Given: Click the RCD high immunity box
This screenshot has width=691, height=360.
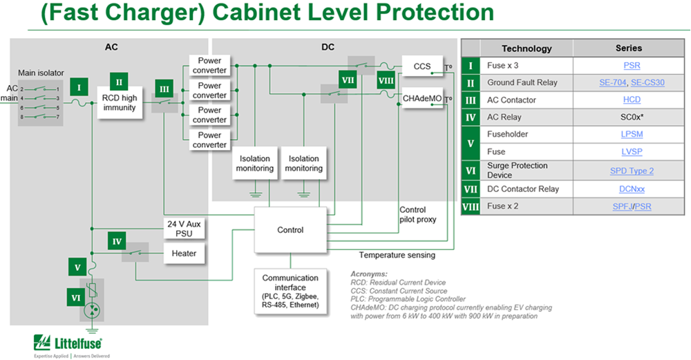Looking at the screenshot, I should tap(120, 103).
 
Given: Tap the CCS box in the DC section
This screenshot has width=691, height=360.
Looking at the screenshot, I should tap(422, 67).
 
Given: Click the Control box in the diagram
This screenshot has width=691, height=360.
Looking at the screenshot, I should tap(290, 229).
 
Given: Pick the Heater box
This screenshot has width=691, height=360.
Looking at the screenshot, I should tap(184, 254).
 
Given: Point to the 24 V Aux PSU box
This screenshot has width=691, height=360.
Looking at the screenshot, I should tap(184, 229).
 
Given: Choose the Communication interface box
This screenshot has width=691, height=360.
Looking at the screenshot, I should tap(290, 292).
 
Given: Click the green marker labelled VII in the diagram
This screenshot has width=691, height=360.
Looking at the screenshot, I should tap(348, 80).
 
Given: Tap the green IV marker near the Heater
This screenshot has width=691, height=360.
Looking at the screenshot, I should tap(117, 242).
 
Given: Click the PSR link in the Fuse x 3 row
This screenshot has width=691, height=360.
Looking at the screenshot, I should tap(632, 66).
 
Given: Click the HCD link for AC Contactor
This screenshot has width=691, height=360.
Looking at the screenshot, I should tap(632, 100).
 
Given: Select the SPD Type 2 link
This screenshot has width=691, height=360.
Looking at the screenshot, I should tap(632, 170).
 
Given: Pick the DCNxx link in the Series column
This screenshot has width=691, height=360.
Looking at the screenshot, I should tap(632, 189).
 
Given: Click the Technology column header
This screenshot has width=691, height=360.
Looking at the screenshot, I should tap(527, 48).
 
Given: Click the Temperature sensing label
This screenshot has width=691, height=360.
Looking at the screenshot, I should tap(397, 255).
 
